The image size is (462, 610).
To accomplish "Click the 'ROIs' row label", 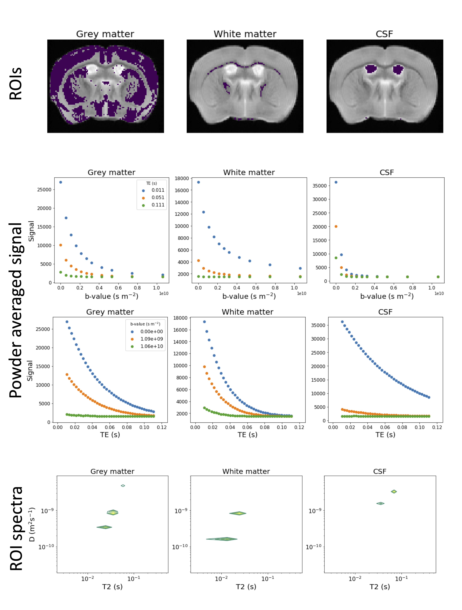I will point(16,84).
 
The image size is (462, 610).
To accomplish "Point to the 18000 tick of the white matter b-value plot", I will point(182,178).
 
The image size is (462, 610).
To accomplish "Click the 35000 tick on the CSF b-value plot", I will point(319,186).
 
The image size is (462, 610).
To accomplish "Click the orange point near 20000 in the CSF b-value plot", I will point(336,226).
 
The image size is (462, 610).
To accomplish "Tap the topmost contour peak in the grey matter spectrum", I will point(123,486).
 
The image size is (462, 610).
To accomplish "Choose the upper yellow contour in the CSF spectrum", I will point(394,491).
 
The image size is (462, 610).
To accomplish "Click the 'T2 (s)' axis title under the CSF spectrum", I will point(380,587).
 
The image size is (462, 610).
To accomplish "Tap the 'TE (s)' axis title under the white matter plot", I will point(247,435).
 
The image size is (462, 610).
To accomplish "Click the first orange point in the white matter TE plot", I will point(204,367).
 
